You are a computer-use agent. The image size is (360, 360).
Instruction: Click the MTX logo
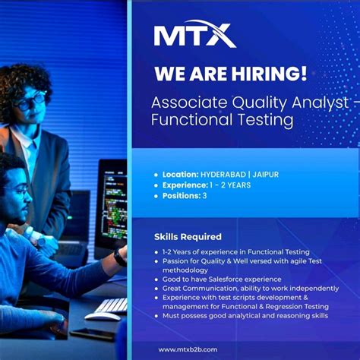[195, 34]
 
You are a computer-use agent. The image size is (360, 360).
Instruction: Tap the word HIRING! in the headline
[269, 74]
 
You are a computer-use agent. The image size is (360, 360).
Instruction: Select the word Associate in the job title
[189, 103]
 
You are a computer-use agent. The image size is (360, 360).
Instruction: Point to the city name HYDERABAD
[223, 175]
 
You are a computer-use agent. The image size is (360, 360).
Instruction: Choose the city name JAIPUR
[266, 175]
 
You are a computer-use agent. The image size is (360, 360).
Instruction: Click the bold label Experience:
[185, 185]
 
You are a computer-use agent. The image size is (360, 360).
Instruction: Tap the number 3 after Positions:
[204, 196]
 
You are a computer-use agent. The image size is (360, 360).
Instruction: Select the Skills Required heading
[188, 237]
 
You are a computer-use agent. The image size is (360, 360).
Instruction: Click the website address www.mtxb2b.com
[188, 349]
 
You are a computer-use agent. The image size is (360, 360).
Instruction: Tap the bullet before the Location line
[156, 175]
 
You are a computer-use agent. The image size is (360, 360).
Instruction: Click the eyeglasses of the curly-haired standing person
[32, 101]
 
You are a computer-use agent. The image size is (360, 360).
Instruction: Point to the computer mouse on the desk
[102, 317]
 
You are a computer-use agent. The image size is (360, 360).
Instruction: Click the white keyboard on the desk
[112, 305]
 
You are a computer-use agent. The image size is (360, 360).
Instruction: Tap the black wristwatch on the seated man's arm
[119, 257]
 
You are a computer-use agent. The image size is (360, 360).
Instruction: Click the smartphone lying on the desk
[92, 333]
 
